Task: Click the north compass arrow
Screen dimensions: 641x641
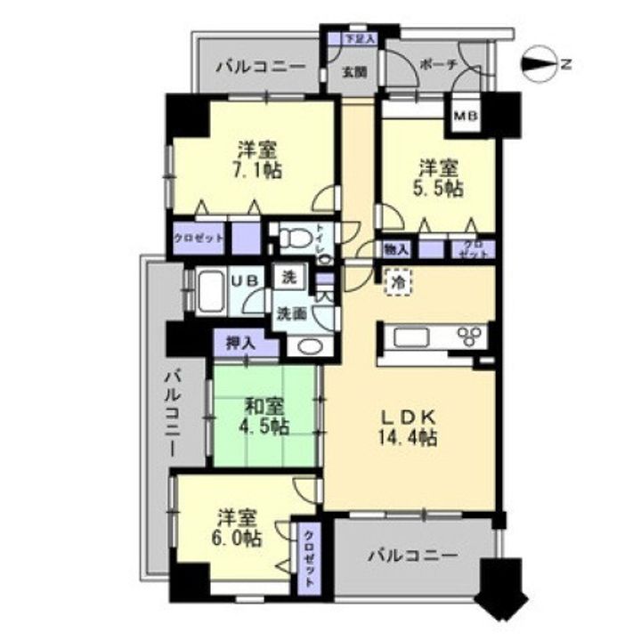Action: [539, 63]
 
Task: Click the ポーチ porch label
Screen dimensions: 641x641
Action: [436, 65]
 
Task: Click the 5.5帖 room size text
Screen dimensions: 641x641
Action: [441, 188]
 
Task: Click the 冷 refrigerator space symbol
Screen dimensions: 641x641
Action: [397, 280]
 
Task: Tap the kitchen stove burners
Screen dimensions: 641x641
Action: [470, 336]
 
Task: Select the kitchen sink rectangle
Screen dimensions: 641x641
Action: [413, 337]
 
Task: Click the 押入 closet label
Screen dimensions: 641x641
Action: [236, 341]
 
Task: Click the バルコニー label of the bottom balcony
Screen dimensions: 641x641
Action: [412, 555]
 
